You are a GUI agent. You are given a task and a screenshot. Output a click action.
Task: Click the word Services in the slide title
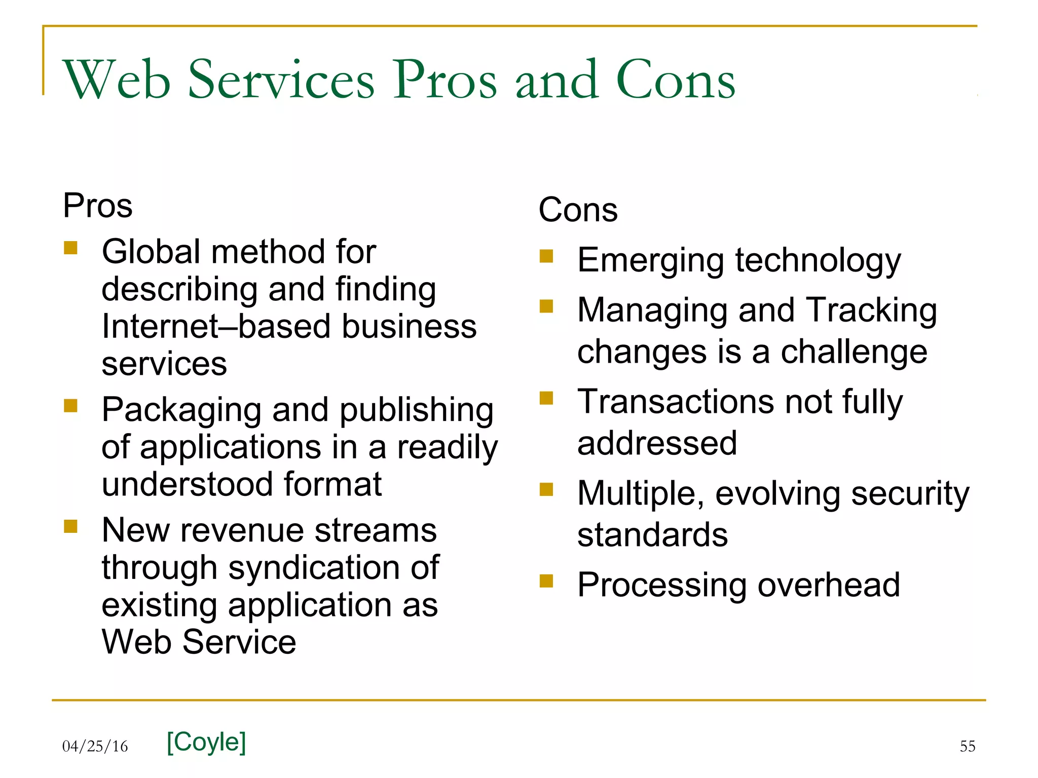(x=281, y=80)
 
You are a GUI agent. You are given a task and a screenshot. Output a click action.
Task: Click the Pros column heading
(x=97, y=206)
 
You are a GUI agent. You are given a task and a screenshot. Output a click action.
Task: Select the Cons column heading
(x=578, y=210)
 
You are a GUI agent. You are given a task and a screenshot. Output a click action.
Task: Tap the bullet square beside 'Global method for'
(x=70, y=248)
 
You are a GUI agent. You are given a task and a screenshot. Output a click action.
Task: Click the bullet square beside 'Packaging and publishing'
(x=70, y=406)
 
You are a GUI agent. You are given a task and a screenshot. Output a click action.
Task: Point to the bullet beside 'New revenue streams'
(x=70, y=526)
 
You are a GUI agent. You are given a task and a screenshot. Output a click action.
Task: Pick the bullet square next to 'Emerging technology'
(x=546, y=256)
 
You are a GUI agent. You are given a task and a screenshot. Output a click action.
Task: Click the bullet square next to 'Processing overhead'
(x=546, y=580)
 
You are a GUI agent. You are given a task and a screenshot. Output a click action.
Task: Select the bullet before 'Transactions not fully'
(x=546, y=398)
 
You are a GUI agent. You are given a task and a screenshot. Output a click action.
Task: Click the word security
(x=910, y=493)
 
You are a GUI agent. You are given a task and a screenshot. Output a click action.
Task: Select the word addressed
(x=657, y=443)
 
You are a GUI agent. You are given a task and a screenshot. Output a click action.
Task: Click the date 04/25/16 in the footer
(x=95, y=746)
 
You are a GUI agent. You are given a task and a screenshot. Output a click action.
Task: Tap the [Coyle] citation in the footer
(x=206, y=742)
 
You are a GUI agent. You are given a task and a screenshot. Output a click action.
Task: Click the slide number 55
(x=967, y=746)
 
